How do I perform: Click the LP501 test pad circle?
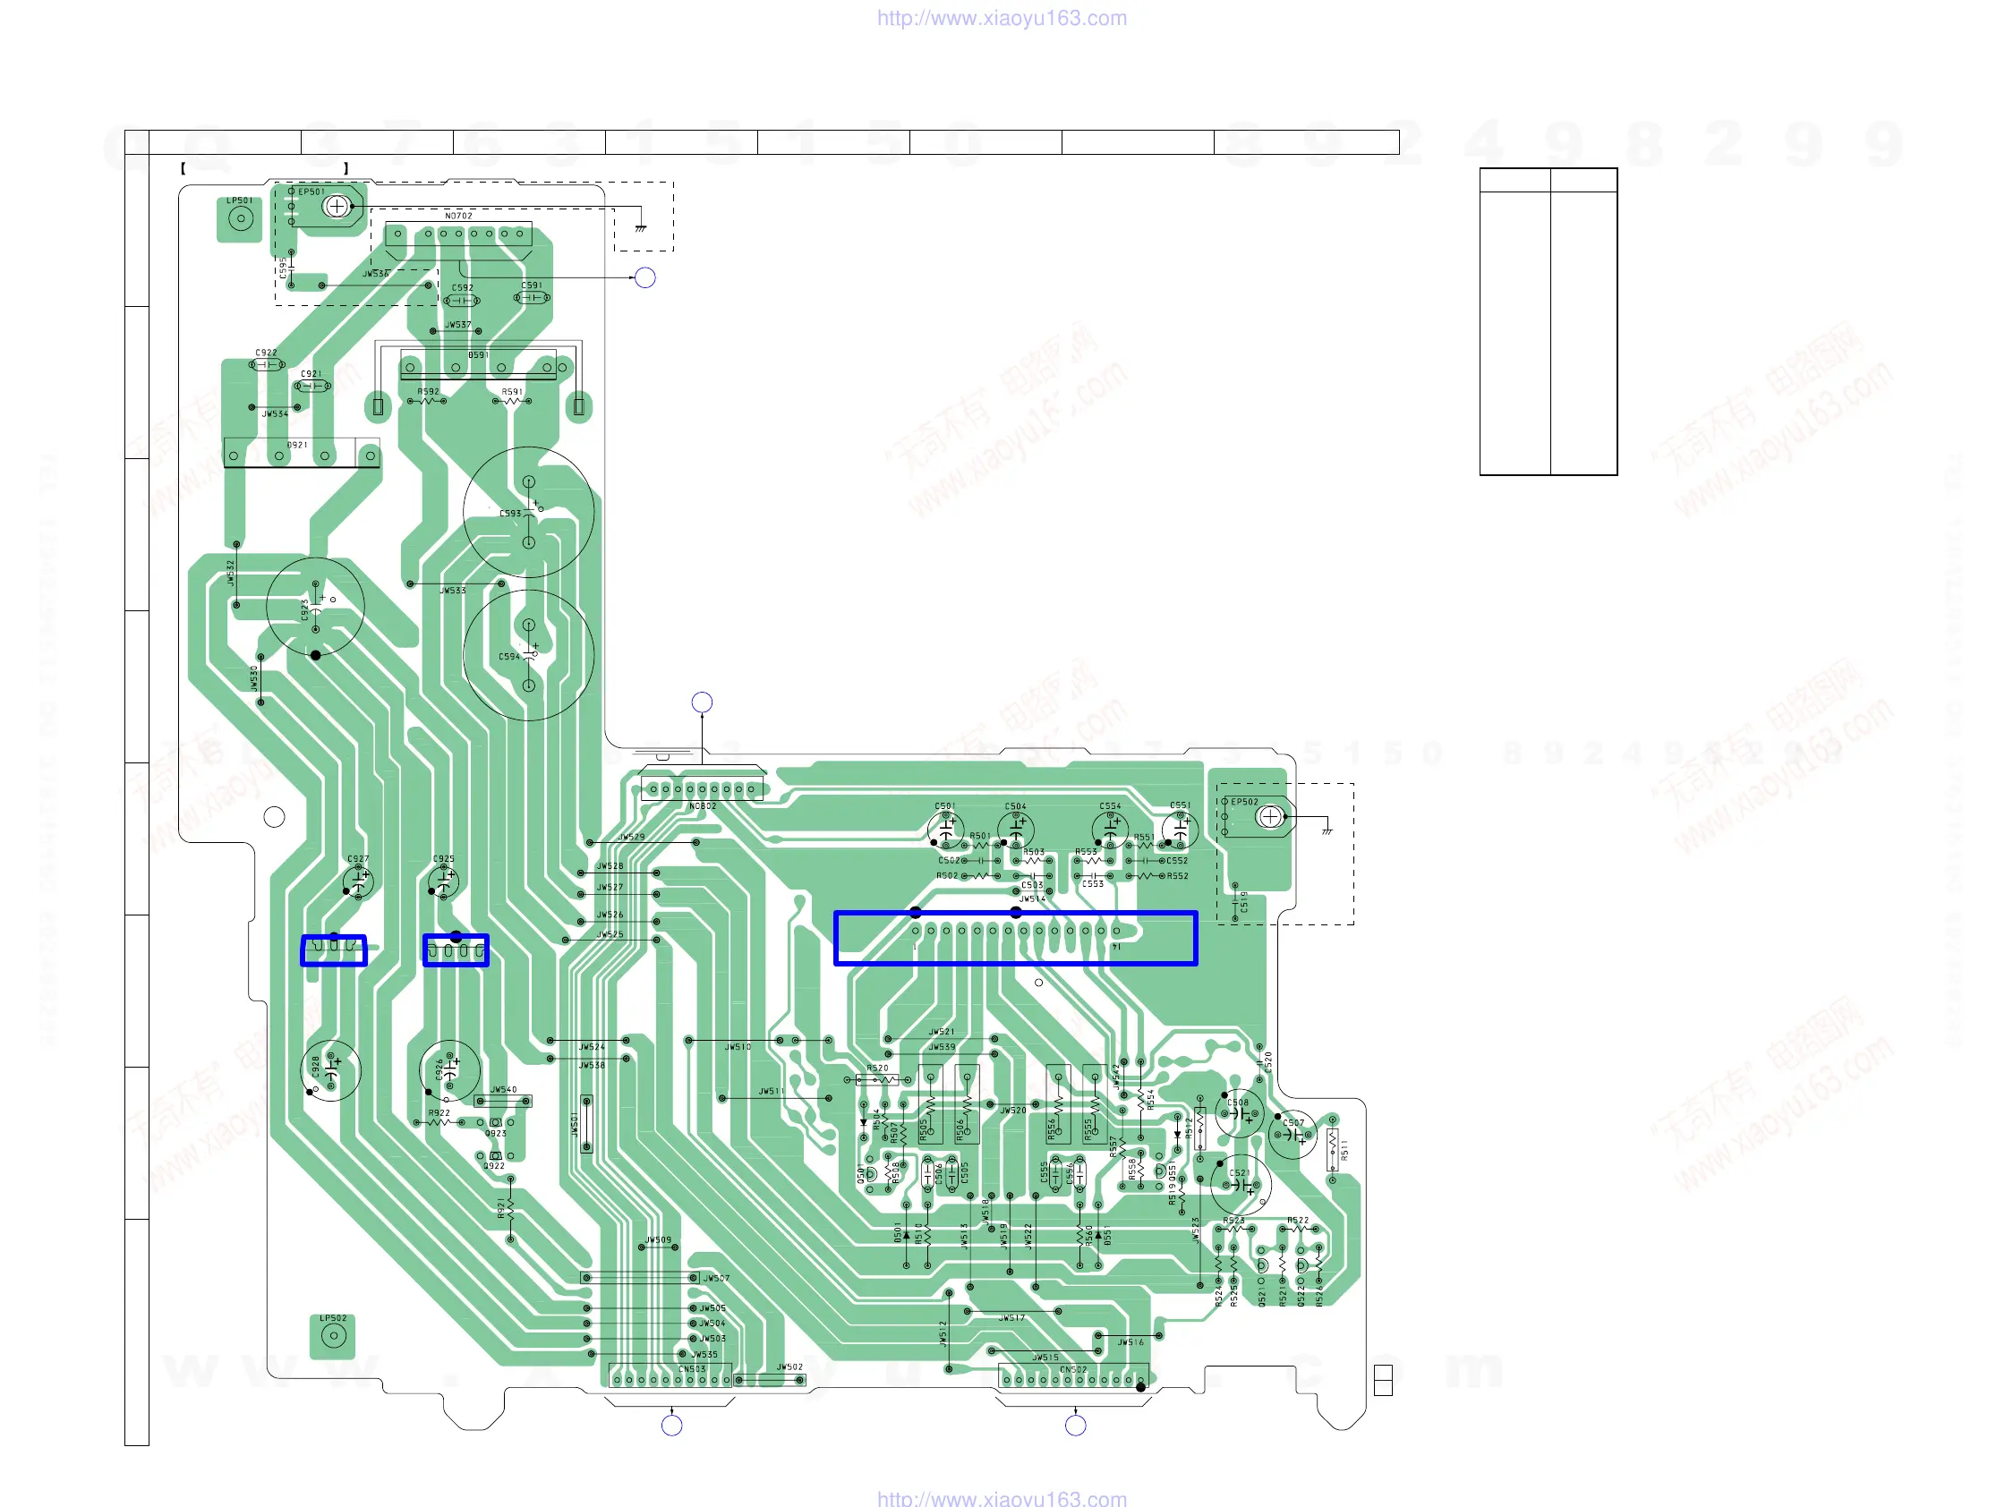coord(240,218)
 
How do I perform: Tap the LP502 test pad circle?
coord(334,1335)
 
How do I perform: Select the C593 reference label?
coord(510,514)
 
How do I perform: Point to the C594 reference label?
coord(509,657)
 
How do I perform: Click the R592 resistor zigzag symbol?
coord(427,401)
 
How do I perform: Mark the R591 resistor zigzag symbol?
coord(512,401)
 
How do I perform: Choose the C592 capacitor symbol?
coord(461,301)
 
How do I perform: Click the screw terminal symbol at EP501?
coord(337,207)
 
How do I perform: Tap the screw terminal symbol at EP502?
coord(1270,817)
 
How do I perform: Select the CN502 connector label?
coord(1072,1370)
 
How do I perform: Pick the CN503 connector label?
coord(692,1369)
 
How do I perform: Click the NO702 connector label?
coord(458,217)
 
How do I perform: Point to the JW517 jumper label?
coord(1011,1318)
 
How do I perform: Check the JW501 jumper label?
coord(575,1125)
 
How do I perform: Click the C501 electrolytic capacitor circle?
coord(945,830)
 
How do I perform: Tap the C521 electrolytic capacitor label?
coord(1238,1173)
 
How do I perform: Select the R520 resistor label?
coord(877,1069)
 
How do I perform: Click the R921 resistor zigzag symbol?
coord(511,1209)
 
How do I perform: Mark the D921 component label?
coord(297,446)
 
